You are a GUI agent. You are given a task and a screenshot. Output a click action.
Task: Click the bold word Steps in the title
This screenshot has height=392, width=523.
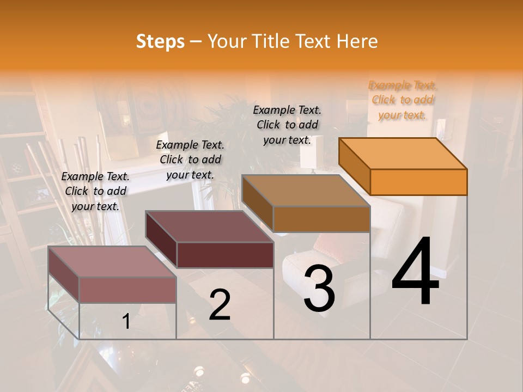click(160, 41)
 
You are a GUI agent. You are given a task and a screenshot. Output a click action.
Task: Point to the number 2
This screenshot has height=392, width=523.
click(220, 304)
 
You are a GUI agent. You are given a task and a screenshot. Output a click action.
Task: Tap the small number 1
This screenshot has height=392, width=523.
click(126, 321)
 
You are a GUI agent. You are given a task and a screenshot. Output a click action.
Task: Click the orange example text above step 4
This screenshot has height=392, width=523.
click(403, 100)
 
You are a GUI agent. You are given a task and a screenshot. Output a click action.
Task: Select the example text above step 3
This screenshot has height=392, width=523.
click(287, 125)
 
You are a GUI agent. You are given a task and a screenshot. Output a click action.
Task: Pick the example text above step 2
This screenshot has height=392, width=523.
click(190, 160)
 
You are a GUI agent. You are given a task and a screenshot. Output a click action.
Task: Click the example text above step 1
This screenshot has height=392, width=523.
click(95, 191)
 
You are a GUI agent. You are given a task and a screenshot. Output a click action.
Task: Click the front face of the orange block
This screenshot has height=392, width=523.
click(418, 182)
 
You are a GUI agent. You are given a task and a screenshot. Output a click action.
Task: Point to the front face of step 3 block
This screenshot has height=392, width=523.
click(321, 219)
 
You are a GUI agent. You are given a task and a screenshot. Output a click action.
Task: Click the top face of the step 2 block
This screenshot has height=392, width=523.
click(209, 226)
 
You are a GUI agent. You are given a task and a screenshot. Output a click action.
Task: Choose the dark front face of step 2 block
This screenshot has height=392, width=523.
click(225, 255)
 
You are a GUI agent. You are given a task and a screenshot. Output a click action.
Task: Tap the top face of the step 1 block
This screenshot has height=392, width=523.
click(112, 261)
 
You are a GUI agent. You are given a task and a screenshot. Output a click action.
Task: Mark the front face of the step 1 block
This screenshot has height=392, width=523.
click(127, 290)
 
